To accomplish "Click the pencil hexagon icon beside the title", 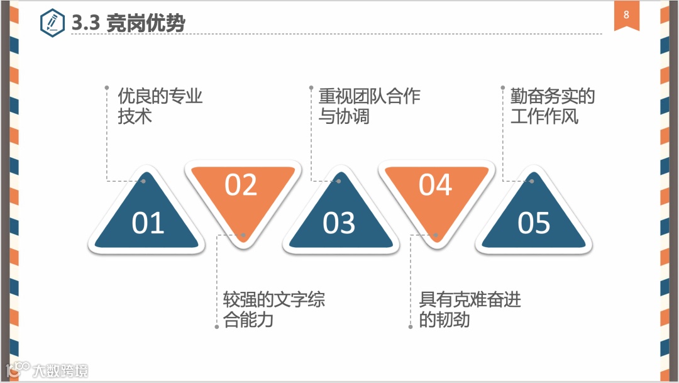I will pos(52,23).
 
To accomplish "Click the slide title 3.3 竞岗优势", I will pos(129,23).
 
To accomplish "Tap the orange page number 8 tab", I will pos(626,15).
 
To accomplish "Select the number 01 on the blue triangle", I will pos(148,223).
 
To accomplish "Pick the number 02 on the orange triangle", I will pos(241,185).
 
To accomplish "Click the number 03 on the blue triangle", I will pos(339,223).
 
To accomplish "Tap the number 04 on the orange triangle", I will pos(436,185).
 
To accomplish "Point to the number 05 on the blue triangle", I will pos(534,223).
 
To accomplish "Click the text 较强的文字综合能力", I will pos(274,309).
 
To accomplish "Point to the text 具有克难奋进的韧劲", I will pos(470,309).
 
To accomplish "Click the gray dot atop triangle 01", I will pos(143,181).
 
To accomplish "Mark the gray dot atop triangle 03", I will pos(338,181).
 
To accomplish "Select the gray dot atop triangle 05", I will pos(531,181).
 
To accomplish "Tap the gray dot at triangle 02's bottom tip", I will pos(243,236).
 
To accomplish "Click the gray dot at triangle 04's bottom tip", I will pos(436,236).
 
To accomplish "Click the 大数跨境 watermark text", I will pos(60,370).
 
